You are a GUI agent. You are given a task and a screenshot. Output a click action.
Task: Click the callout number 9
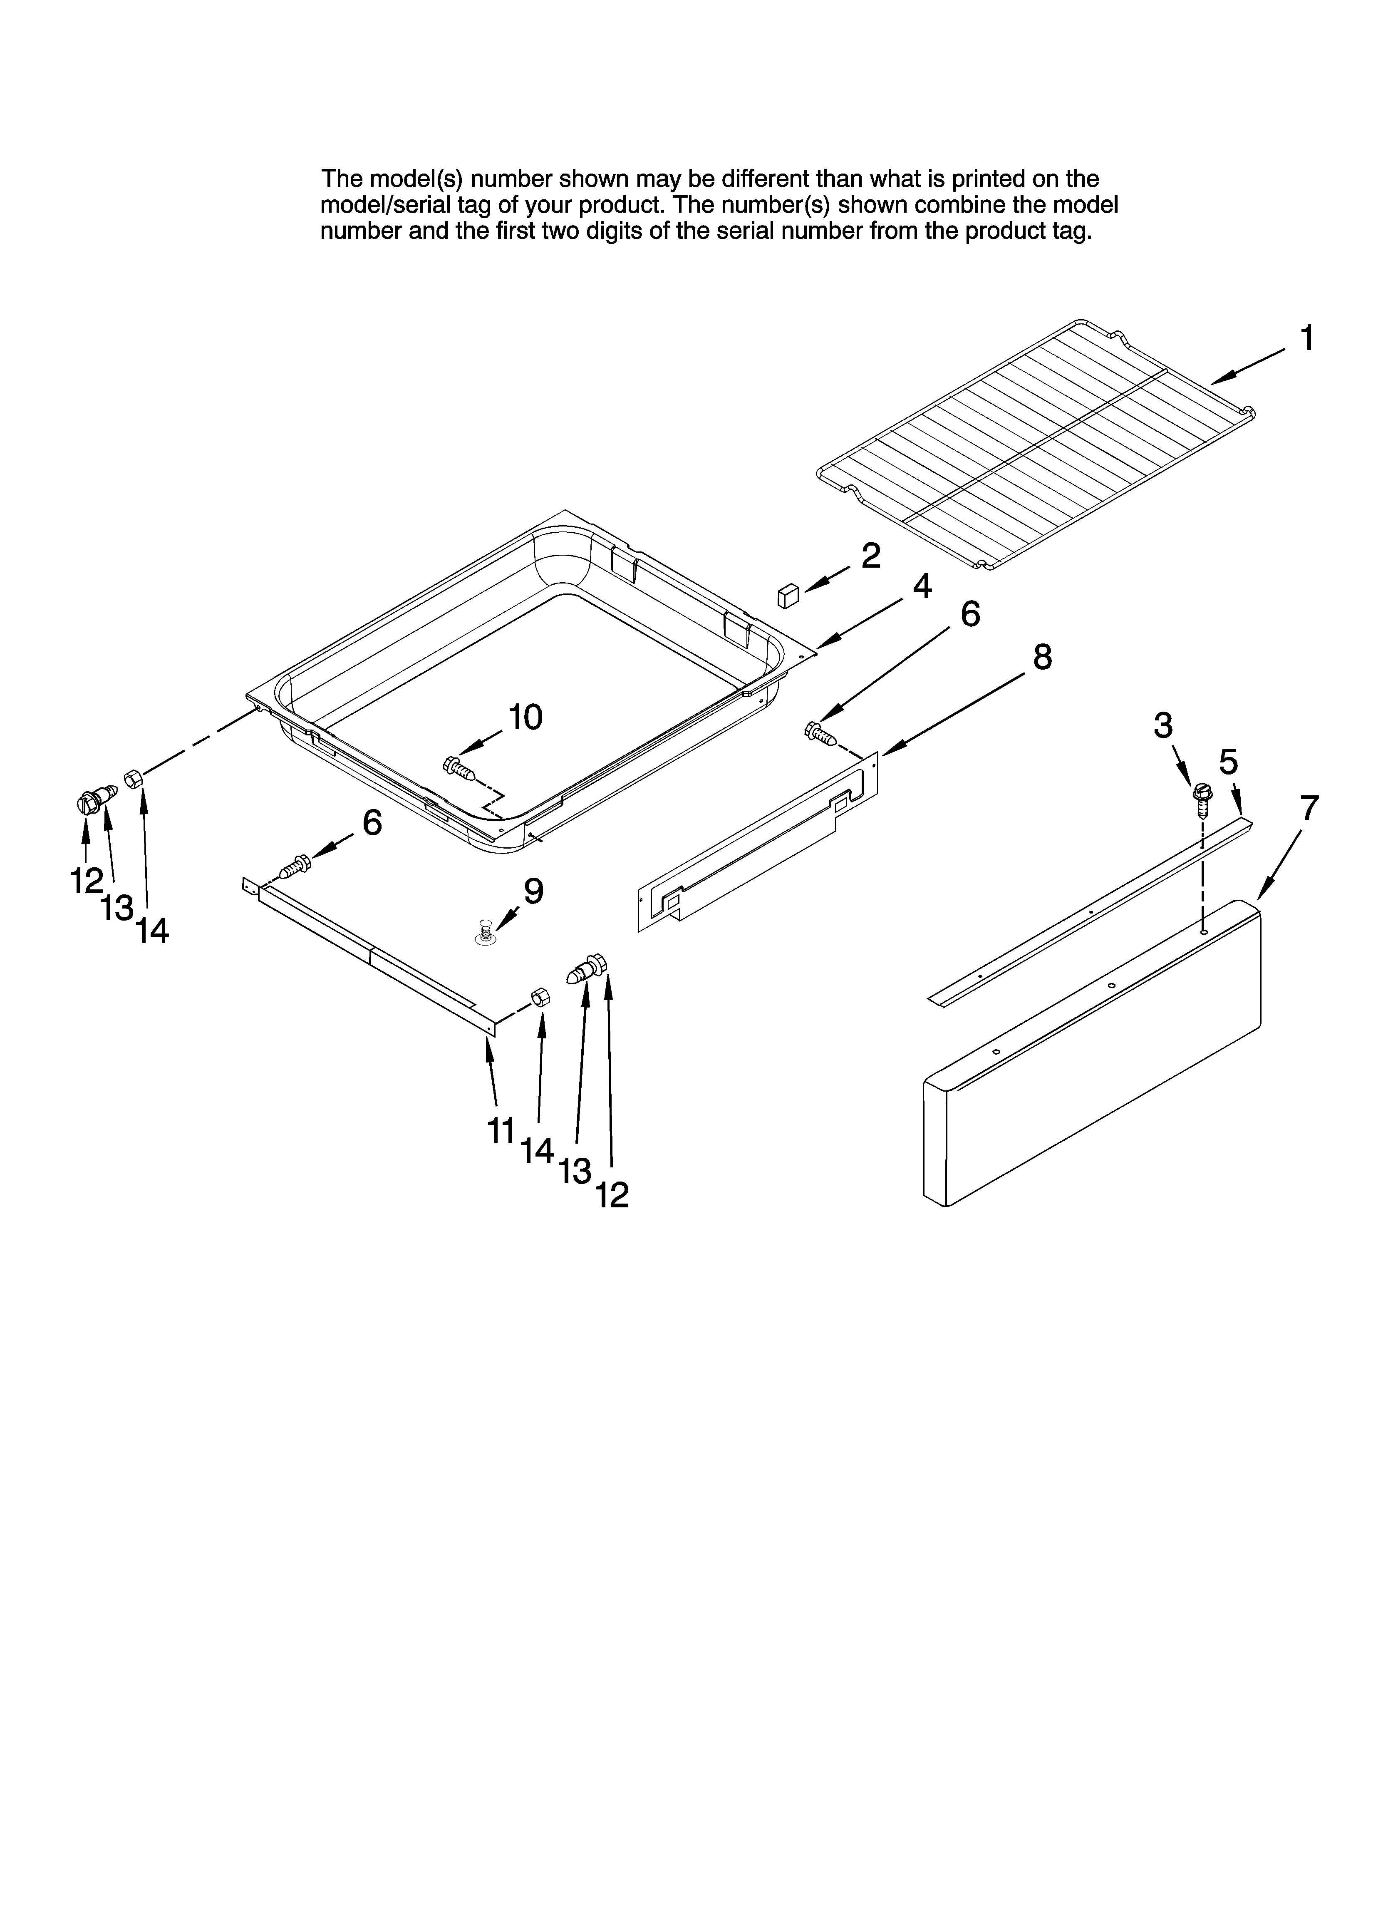533,891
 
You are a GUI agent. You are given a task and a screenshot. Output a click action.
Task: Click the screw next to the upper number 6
820,733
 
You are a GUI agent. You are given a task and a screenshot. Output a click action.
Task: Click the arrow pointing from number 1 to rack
1247,367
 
